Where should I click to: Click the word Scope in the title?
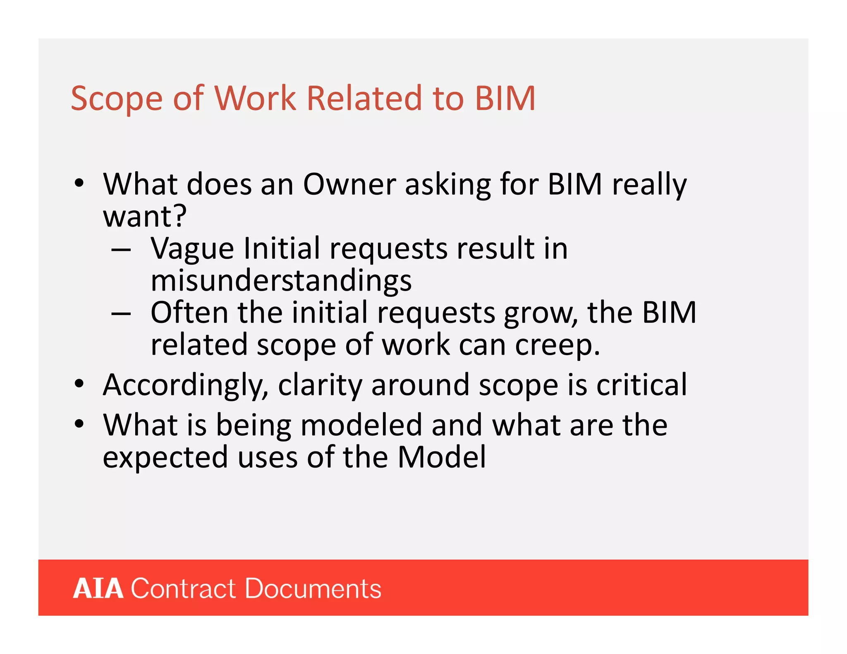pos(117,99)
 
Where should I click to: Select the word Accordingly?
pos(186,386)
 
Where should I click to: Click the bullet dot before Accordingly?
pos(79,384)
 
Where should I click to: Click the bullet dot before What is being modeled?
pos(79,424)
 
